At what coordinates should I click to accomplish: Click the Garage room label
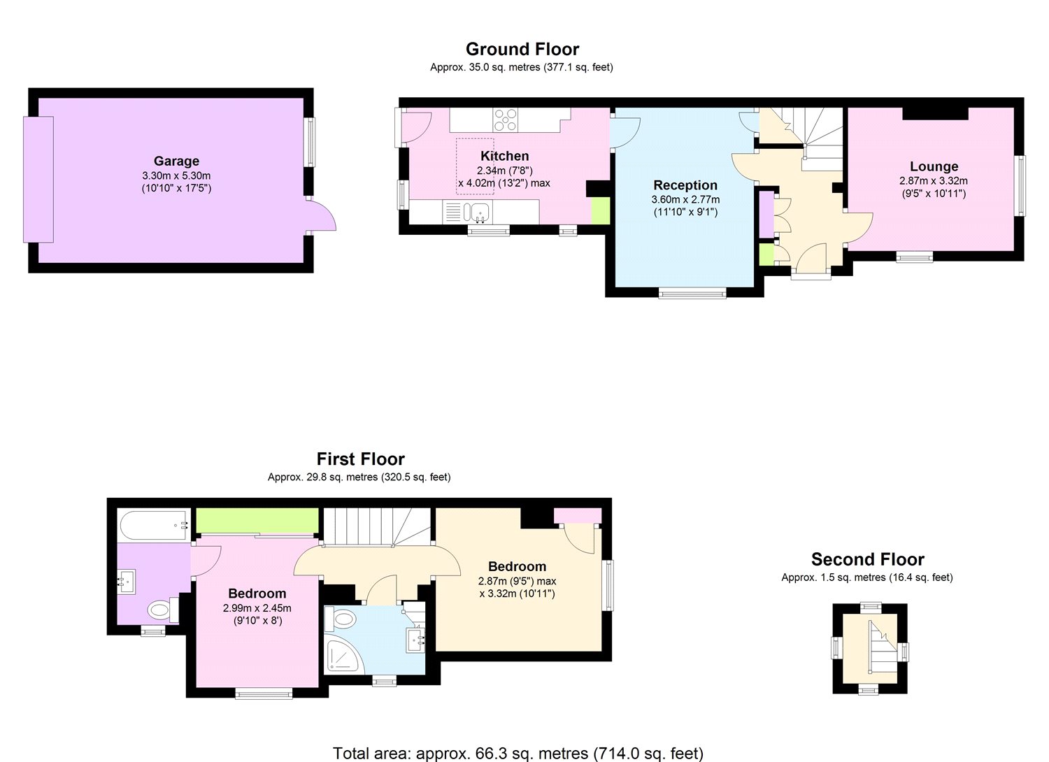[176, 161]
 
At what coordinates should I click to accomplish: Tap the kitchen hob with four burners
[506, 120]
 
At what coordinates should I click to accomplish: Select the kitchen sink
[479, 211]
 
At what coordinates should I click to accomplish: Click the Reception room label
[685, 185]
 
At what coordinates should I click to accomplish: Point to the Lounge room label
[934, 166]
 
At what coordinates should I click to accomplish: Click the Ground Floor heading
[522, 49]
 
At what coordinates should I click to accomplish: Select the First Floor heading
[360, 459]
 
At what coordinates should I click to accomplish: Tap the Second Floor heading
[867, 559]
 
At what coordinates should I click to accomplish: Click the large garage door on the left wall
[38, 179]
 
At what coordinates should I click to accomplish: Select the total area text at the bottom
[518, 753]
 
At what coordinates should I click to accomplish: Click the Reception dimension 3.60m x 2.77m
[685, 199]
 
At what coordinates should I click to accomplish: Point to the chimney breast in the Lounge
[935, 113]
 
